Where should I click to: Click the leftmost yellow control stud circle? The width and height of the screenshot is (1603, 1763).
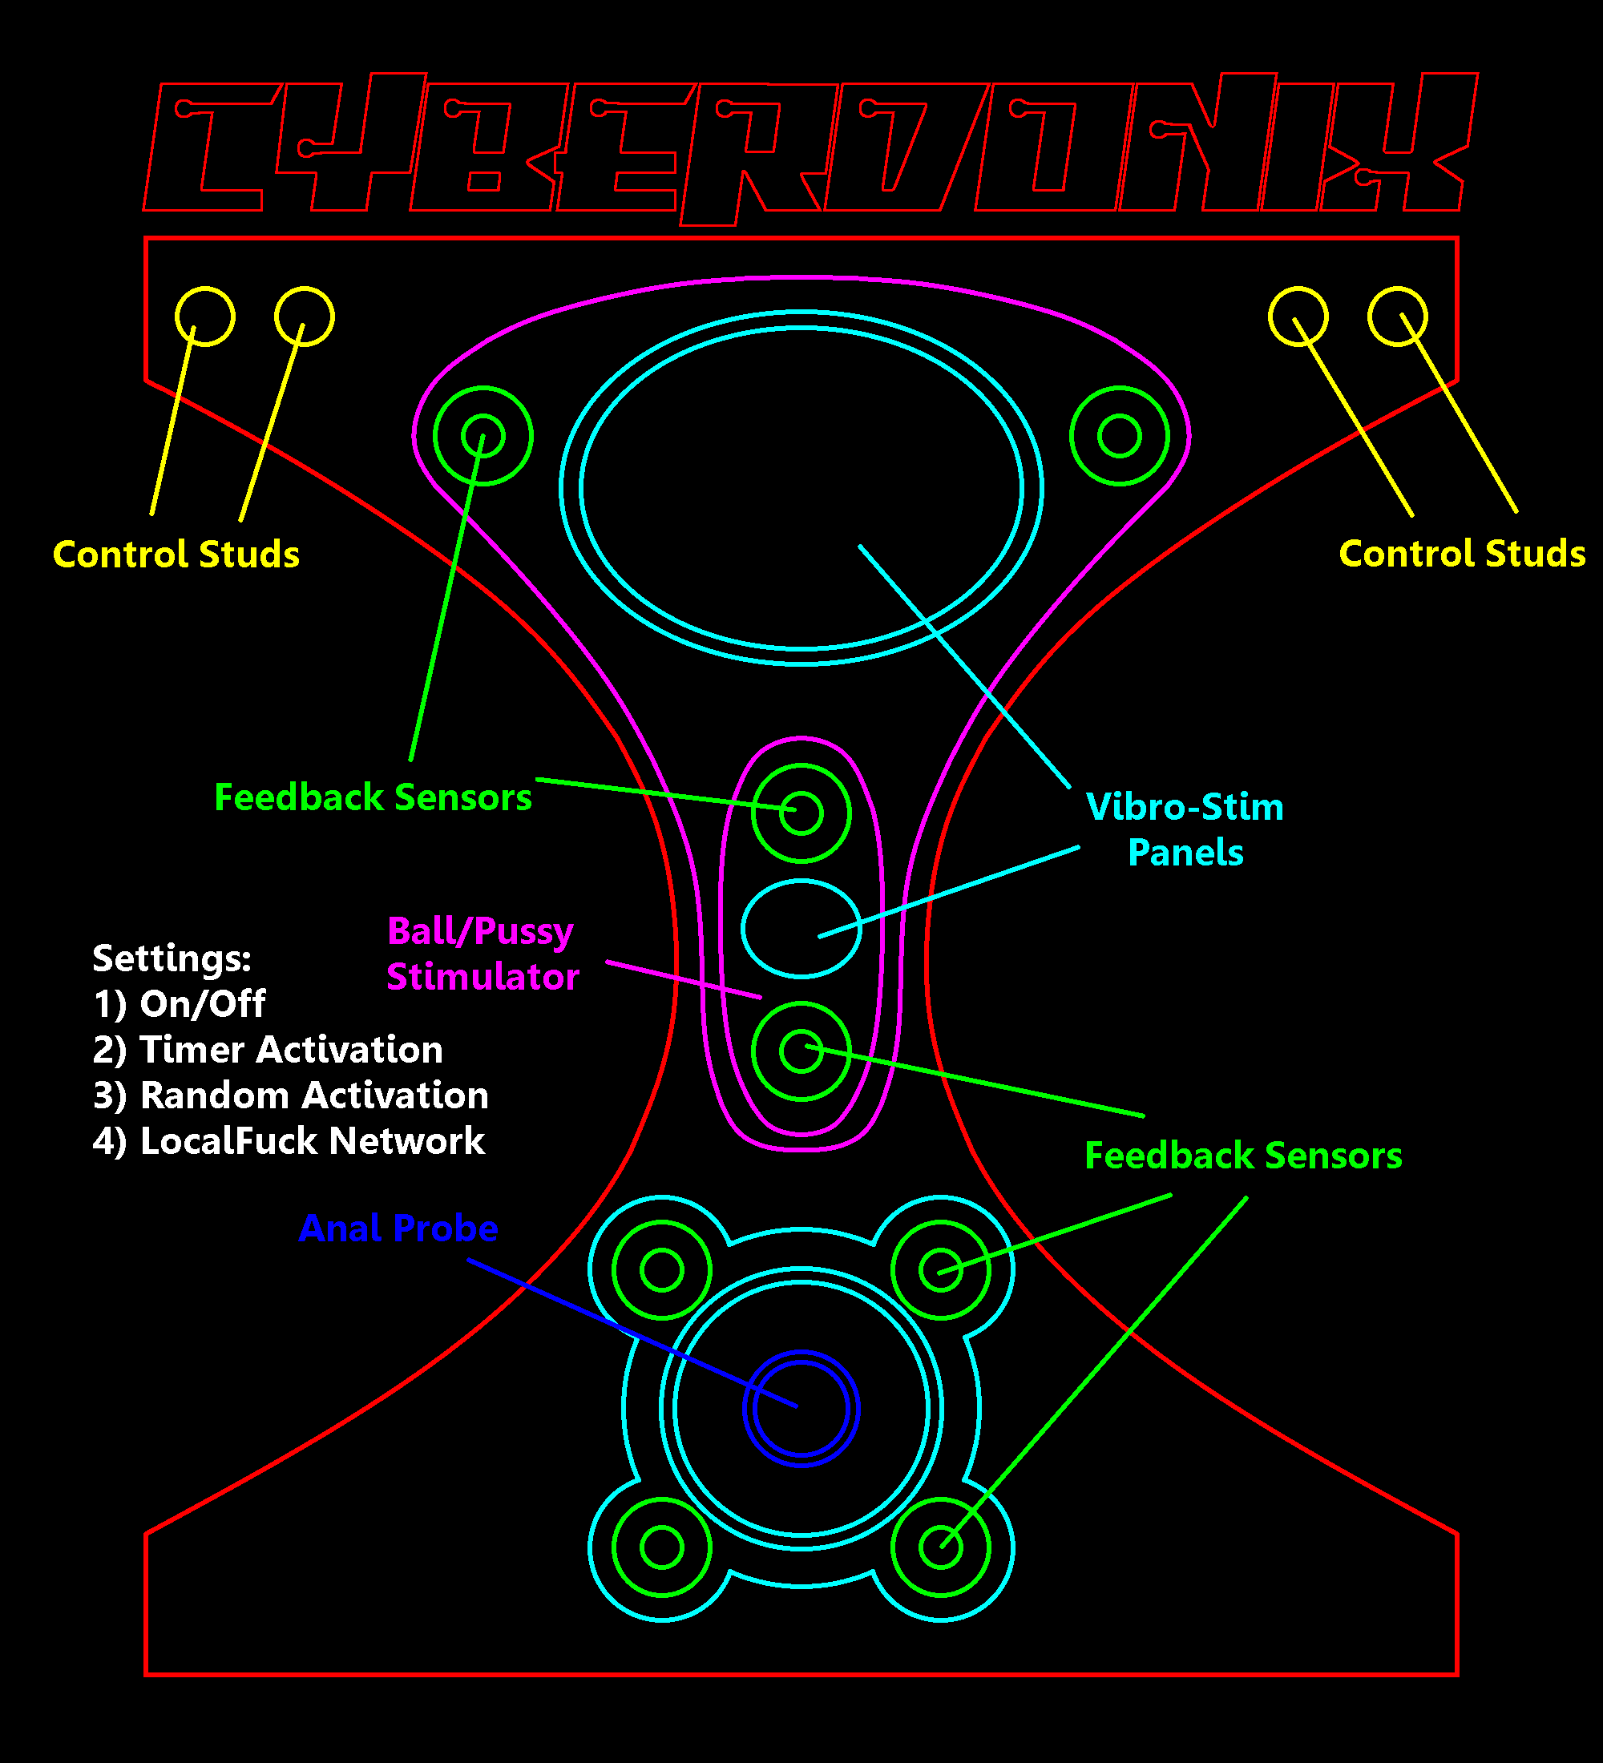click(x=204, y=316)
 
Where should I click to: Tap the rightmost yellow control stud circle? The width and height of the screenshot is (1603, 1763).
click(x=1398, y=316)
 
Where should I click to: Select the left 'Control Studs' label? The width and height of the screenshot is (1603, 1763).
click(x=176, y=555)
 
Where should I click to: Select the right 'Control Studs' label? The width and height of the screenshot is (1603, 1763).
click(x=1461, y=554)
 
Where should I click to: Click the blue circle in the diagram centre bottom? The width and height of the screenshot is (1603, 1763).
click(x=801, y=1409)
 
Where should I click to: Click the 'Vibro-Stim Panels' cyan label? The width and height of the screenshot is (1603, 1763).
click(x=1185, y=829)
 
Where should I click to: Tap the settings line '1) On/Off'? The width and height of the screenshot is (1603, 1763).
click(x=180, y=1004)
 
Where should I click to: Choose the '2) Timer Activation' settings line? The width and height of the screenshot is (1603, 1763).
click(x=268, y=1050)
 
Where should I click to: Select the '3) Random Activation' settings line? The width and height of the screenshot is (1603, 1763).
click(x=290, y=1095)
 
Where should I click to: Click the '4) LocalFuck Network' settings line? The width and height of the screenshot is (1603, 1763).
click(x=289, y=1141)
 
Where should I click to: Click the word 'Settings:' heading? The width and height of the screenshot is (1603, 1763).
click(x=172, y=958)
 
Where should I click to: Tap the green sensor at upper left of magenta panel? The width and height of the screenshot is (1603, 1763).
click(x=483, y=435)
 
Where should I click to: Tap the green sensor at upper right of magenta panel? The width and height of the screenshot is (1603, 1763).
click(x=1120, y=435)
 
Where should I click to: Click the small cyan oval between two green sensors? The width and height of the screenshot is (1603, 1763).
click(x=801, y=929)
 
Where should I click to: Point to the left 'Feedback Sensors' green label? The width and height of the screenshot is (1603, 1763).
click(x=373, y=797)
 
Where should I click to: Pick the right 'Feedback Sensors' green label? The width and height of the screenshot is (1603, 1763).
click(x=1242, y=1156)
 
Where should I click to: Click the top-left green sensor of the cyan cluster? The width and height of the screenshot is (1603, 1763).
click(x=662, y=1270)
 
